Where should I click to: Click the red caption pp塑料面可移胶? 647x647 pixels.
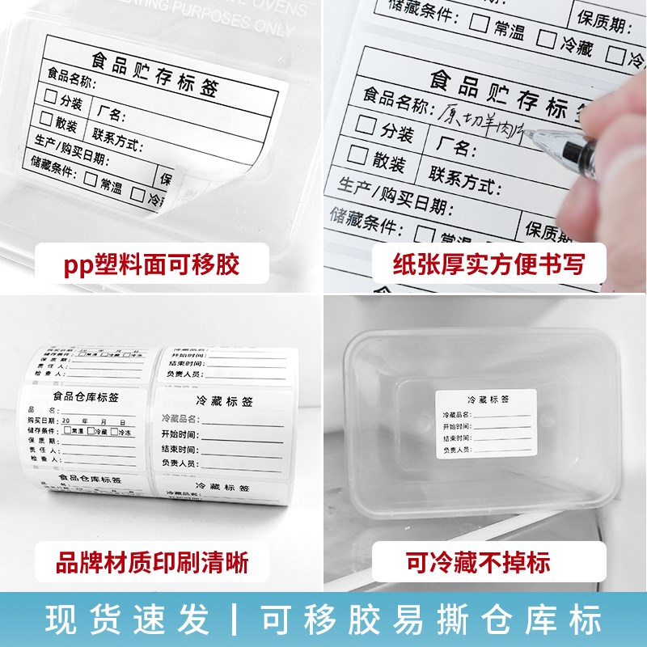(153, 264)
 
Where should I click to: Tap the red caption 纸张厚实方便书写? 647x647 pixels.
(489, 264)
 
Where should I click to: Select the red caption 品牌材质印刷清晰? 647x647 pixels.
(152, 560)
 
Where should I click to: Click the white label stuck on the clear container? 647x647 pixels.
(486, 423)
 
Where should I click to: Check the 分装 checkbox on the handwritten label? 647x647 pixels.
(366, 125)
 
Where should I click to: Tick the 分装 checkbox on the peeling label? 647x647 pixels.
(52, 97)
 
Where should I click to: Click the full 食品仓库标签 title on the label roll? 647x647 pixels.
(86, 397)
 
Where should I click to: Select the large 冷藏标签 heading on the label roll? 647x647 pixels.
(223, 400)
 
